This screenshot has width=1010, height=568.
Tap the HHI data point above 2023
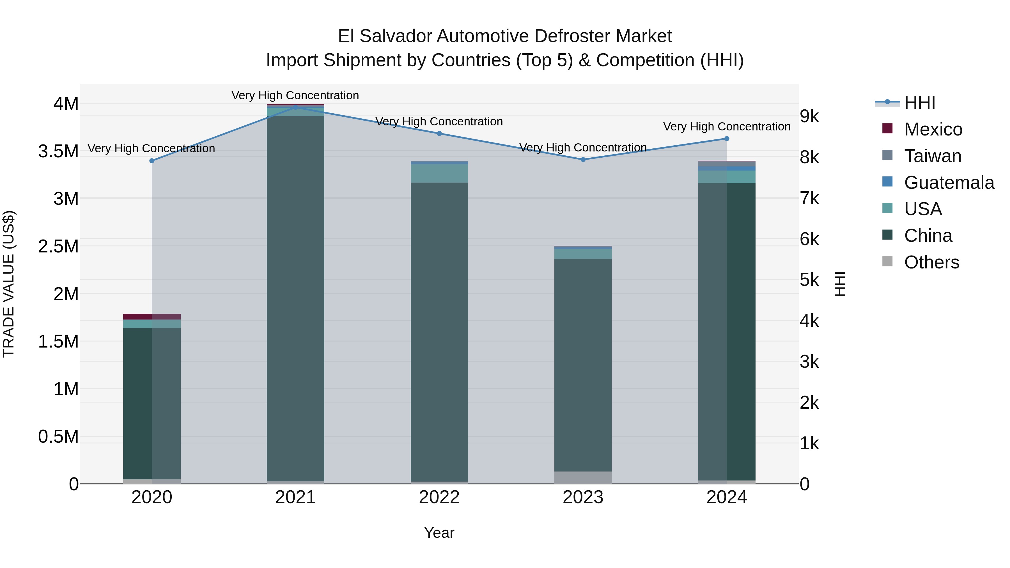coord(583,160)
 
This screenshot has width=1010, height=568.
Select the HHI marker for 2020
coord(152,161)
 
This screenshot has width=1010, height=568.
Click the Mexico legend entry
coord(933,129)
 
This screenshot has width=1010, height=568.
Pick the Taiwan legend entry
coord(932,156)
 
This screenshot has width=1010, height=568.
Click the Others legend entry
coord(931,262)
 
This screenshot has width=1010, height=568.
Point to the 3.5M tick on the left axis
coord(58,151)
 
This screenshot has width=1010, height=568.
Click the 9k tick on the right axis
coord(809,116)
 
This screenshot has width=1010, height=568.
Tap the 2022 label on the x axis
coord(439,497)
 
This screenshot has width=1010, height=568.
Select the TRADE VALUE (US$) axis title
coord(9,284)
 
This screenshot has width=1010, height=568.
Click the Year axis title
coord(439,533)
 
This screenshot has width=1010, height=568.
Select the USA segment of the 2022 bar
coord(439,173)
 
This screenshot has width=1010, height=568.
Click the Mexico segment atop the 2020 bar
coord(152,317)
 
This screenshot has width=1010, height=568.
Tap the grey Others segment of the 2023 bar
coord(583,477)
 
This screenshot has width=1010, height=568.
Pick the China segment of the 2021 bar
coord(296,298)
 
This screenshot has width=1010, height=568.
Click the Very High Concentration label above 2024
coord(727,127)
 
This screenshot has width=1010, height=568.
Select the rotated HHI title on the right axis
coord(839,284)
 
